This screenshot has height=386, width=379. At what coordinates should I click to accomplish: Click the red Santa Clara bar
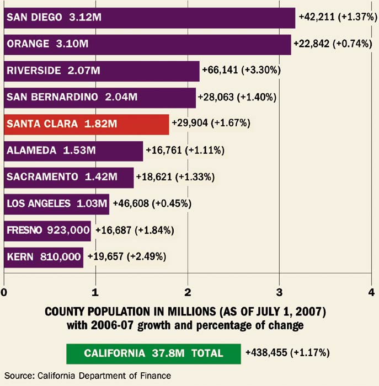coord(86,125)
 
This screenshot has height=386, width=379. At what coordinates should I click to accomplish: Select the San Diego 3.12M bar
coord(150,17)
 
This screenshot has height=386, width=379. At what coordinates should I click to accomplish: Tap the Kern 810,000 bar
coord(44,257)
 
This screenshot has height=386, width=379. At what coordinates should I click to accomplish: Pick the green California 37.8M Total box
coord(153,353)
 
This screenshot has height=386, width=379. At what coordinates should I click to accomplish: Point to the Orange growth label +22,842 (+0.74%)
coord(334,44)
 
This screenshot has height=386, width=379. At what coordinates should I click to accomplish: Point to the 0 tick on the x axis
coord(4,291)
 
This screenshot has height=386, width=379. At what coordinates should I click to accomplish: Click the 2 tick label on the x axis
coord(188,291)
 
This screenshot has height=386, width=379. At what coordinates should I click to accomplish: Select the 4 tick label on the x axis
coord(371,291)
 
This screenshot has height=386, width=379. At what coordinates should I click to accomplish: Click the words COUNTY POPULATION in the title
coord(94,312)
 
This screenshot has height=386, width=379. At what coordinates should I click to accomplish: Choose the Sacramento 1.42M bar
coord(68,177)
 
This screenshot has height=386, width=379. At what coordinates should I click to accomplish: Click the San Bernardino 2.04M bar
coord(99,98)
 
